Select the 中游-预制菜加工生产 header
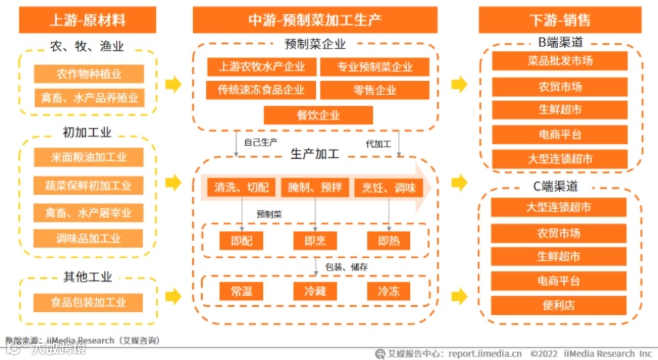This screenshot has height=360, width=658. point(314,19)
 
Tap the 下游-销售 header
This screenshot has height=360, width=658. point(559,19)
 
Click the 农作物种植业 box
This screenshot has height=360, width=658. point(89,74)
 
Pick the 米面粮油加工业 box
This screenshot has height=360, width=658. point(89,157)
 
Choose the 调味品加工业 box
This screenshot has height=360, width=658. point(89,239)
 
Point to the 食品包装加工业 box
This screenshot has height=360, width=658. point(89,302)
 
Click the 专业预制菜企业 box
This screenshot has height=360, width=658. point(375,67)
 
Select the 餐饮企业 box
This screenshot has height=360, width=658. point(319,115)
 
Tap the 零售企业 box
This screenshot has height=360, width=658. point(375,90)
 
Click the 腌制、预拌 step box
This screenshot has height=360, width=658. point(315,187)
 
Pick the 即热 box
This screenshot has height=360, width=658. point(389,240)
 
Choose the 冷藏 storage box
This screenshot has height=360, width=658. point(314,291)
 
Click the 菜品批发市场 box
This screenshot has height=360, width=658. point(559,61)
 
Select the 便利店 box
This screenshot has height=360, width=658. point(559,305)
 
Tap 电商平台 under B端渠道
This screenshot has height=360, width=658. point(559,134)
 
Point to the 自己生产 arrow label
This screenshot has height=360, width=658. point(260,143)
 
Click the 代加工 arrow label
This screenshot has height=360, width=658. point(378,144)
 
